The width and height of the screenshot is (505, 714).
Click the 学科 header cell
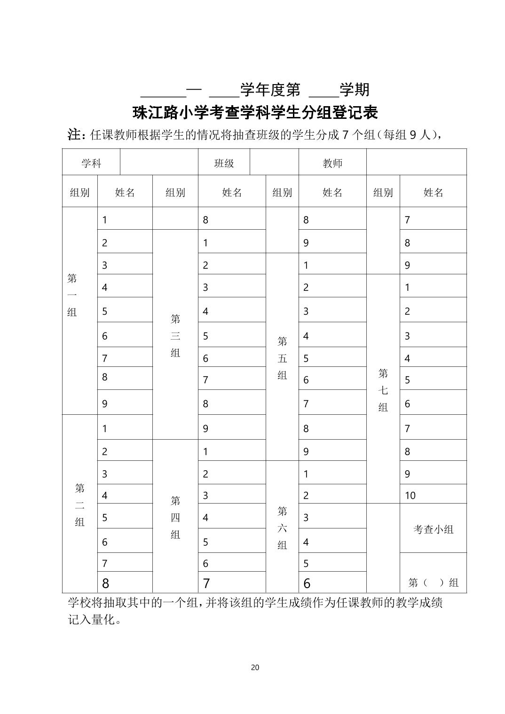[x=91, y=163]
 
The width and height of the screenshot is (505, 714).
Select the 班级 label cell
[x=224, y=163]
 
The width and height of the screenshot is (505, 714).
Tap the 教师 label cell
[x=332, y=163]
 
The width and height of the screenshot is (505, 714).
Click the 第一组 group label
[x=72, y=295]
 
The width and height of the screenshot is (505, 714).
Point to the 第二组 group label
[x=80, y=505]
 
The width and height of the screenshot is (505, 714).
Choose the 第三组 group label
[x=175, y=335]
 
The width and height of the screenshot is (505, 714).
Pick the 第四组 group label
[x=175, y=517]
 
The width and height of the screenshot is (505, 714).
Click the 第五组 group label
[x=282, y=358]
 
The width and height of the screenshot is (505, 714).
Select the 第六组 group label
[x=282, y=528]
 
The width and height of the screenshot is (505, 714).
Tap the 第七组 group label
[x=383, y=390]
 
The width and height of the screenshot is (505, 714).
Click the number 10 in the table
[x=410, y=495]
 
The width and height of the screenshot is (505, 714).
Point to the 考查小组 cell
[x=433, y=529]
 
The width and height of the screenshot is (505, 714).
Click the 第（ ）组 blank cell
[x=433, y=583]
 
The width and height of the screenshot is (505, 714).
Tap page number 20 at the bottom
[x=255, y=667]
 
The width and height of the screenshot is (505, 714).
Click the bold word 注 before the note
[x=75, y=134]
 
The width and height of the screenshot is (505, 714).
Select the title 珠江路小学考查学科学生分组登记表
[x=255, y=113]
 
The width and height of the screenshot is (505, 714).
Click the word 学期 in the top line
[x=355, y=89]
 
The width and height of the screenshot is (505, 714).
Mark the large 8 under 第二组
[x=105, y=583]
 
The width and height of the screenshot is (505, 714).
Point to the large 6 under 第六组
[x=307, y=583]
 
